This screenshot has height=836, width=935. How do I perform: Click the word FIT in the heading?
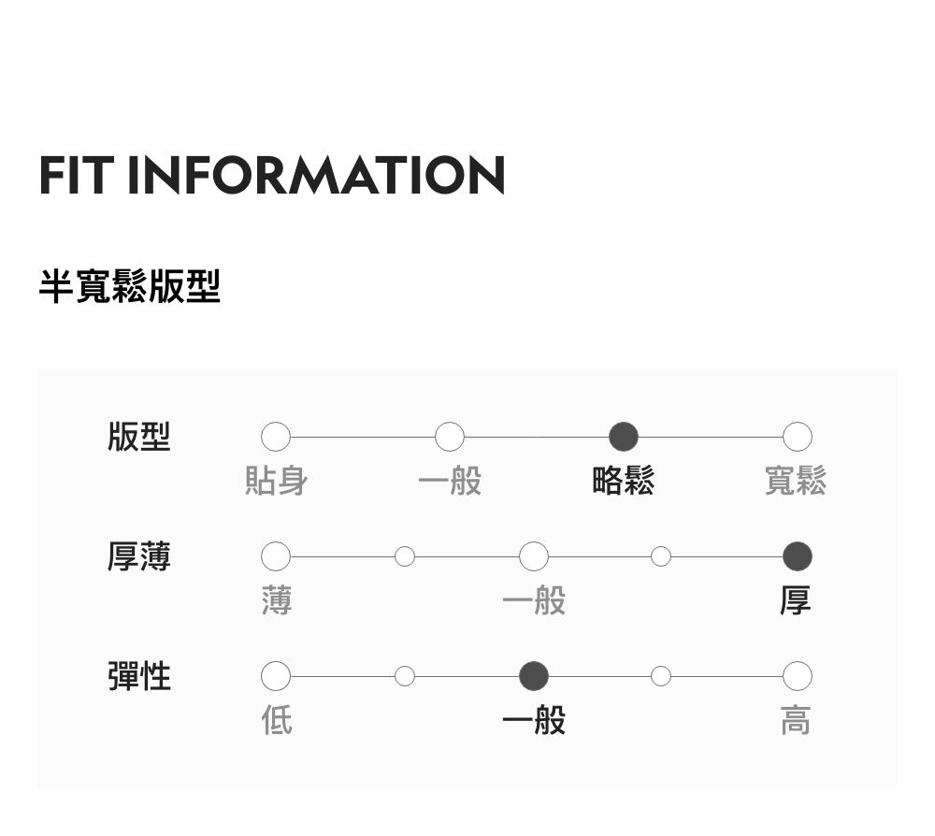coord(76,175)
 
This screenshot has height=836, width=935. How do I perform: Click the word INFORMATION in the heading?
coord(316,175)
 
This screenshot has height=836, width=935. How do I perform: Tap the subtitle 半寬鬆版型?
coord(129,286)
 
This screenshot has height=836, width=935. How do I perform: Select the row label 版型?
coord(139,437)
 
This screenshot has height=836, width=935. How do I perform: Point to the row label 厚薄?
coord(139,556)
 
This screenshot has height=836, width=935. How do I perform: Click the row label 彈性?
coord(139,675)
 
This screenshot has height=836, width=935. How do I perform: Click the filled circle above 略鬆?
coord(623,437)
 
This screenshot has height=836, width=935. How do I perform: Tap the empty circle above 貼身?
coord(276,437)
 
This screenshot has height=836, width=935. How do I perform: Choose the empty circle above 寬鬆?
coord(797,437)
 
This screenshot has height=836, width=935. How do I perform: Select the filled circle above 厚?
coord(797,556)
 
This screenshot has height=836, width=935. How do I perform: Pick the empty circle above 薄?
coord(276,556)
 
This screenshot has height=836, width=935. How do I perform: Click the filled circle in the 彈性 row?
coord(534,675)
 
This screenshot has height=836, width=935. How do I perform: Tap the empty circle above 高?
coord(797,675)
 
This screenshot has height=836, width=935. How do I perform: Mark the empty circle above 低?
coord(276,675)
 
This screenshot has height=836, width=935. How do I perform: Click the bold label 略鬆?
coord(623,481)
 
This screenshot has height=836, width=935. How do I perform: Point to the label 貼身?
coord(276,481)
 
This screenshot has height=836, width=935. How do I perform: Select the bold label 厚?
coord(796,600)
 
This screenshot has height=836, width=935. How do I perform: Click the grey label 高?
coord(796,720)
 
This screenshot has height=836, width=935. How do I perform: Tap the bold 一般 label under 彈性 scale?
coord(534,720)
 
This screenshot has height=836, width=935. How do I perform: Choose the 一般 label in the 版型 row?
coord(450,481)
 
